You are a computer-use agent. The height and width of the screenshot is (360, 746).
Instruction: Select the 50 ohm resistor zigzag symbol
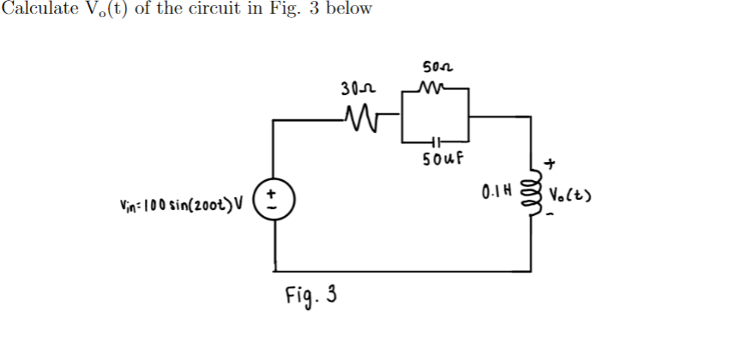436,87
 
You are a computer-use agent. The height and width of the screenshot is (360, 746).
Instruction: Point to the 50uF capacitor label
444,159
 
